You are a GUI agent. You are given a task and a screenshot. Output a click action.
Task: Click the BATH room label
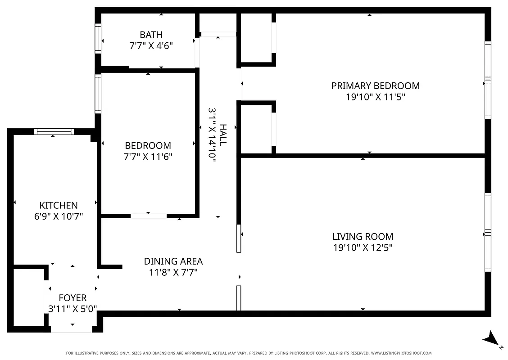click(151, 35)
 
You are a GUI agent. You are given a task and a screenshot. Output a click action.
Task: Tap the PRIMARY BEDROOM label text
click(375, 85)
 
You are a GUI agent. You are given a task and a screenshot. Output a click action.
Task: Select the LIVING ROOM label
click(363, 236)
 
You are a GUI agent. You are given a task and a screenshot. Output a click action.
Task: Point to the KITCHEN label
click(59, 205)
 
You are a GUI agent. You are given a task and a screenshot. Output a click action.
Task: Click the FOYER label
click(73, 298)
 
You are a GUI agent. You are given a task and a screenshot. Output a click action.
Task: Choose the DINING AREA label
click(173, 261)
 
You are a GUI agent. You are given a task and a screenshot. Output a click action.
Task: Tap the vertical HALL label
click(223, 135)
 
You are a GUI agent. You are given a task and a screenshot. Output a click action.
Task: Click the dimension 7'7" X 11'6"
click(148, 157)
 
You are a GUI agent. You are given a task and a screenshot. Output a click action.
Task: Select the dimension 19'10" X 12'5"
click(363, 247)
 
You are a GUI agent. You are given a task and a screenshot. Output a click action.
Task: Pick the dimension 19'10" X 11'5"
click(375, 97)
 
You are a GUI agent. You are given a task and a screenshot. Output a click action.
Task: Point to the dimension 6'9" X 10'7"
click(59, 216)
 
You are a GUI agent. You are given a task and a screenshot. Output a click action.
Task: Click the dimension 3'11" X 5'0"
click(73, 309)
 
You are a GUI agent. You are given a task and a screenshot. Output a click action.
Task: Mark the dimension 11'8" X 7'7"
click(173, 272)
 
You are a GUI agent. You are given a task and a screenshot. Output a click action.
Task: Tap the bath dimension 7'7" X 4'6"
click(151, 45)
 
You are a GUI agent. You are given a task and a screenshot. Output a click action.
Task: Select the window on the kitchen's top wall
click(54, 131)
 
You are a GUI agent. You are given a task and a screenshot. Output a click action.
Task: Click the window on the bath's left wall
click(98, 39)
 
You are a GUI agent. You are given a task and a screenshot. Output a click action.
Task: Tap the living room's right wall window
click(487, 232)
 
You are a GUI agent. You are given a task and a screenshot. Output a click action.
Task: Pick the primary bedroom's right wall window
click(487, 80)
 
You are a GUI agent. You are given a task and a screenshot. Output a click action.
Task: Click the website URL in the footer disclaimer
click(401, 353)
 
